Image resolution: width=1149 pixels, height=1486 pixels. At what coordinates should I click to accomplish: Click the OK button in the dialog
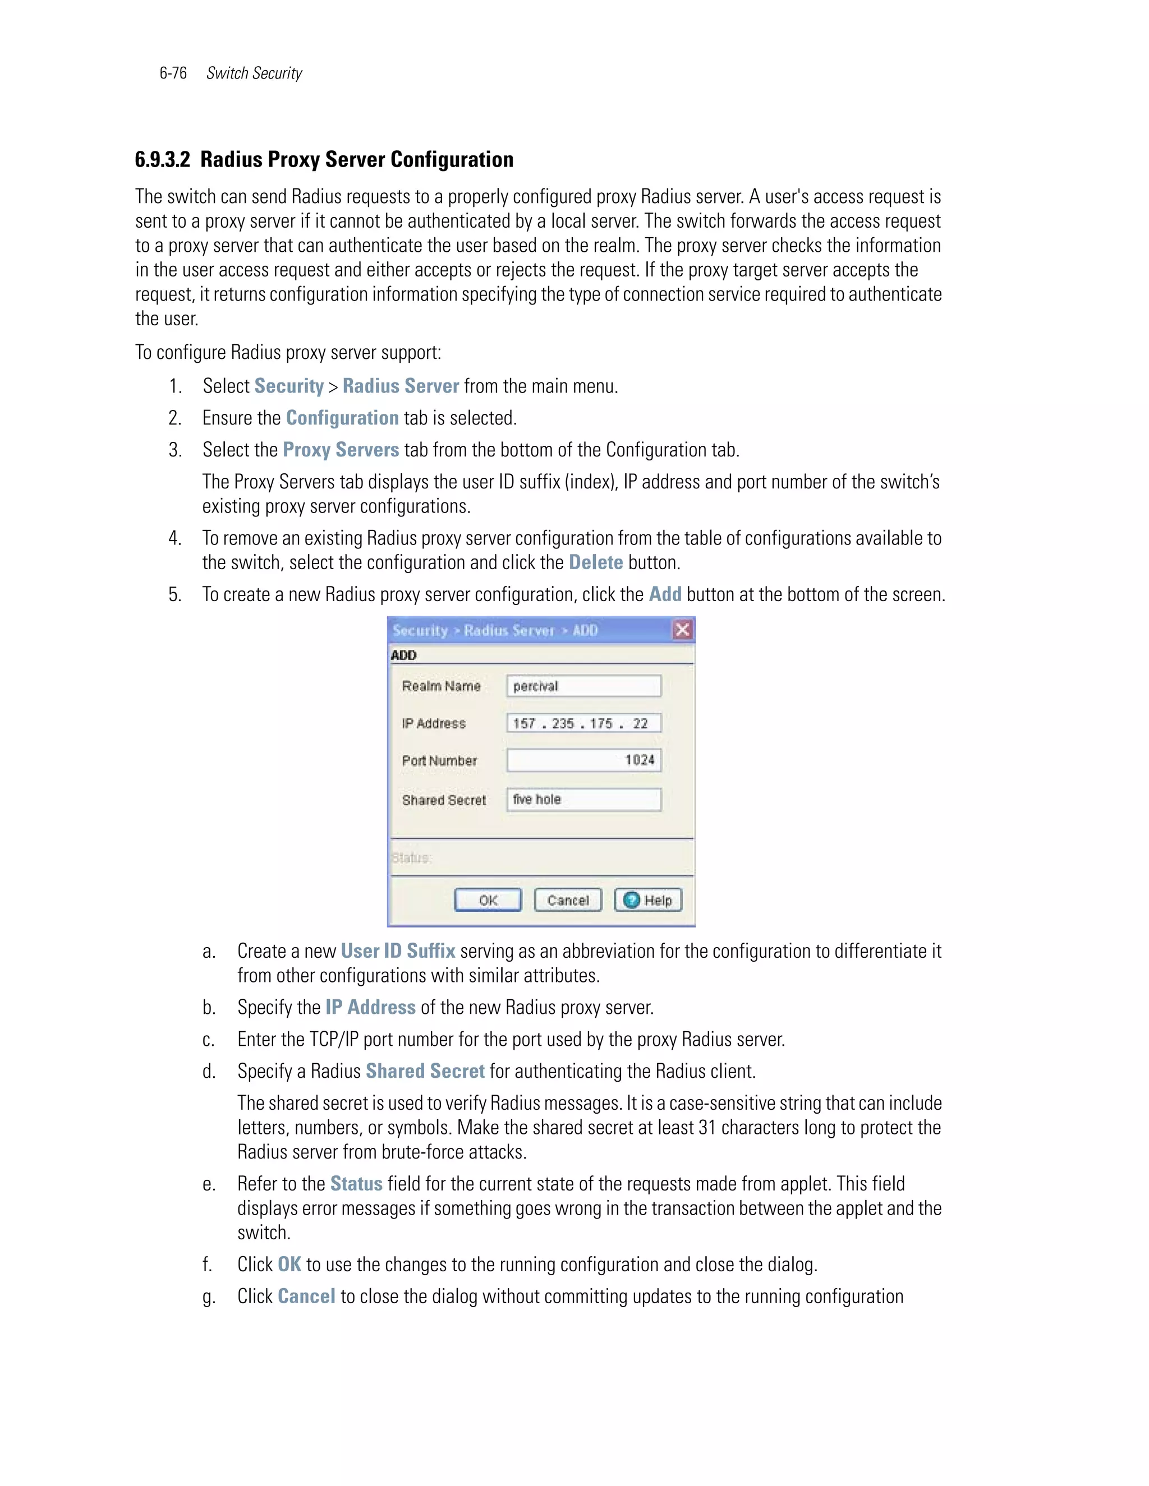pyautogui.click(x=488, y=900)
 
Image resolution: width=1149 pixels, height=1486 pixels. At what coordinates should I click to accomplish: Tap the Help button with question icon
pyautogui.click(x=648, y=900)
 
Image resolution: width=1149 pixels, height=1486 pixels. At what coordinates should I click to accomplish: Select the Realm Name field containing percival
pyautogui.click(x=583, y=686)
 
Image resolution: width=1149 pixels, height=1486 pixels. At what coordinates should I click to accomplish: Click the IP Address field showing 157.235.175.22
pyautogui.click(x=583, y=723)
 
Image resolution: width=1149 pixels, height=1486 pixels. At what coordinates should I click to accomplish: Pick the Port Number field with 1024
pyautogui.click(x=583, y=760)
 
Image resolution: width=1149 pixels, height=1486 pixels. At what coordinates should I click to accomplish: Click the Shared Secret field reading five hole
pyautogui.click(x=583, y=800)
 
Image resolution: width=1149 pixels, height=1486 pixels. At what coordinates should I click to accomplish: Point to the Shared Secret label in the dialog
pyautogui.click(x=444, y=800)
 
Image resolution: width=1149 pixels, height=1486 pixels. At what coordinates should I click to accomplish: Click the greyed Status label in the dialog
pyautogui.click(x=411, y=858)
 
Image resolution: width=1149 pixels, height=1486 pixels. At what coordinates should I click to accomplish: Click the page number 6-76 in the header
pyautogui.click(x=173, y=73)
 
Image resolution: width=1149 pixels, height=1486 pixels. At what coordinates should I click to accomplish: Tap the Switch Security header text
pyautogui.click(x=254, y=73)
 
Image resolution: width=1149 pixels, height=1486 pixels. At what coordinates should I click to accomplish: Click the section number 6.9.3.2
pyautogui.click(x=162, y=160)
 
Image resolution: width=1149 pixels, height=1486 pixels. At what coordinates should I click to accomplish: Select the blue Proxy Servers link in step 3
pyautogui.click(x=341, y=450)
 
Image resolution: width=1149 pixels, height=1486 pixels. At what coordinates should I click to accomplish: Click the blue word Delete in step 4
pyautogui.click(x=596, y=562)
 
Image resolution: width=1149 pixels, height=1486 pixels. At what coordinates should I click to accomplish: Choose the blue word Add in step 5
pyautogui.click(x=664, y=594)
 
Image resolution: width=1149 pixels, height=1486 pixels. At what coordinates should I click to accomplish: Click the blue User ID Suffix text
pyautogui.click(x=398, y=951)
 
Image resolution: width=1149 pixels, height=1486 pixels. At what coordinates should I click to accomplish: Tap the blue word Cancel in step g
pyautogui.click(x=306, y=1296)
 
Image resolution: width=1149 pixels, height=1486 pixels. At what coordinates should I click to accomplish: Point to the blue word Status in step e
pyautogui.click(x=356, y=1184)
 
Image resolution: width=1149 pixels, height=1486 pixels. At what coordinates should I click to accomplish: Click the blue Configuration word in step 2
pyautogui.click(x=342, y=418)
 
